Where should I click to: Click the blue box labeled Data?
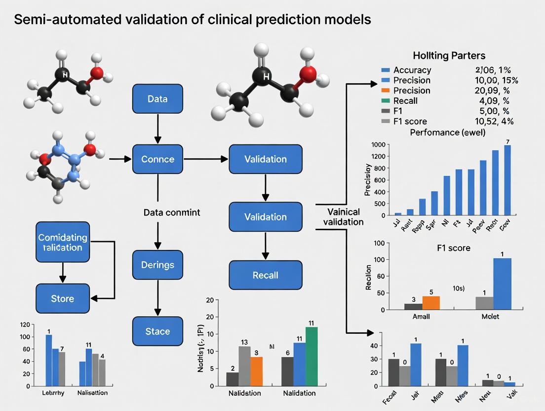(x=157, y=98)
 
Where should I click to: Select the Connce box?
(x=157, y=159)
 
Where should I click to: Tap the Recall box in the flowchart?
(x=266, y=275)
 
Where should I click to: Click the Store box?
(x=63, y=298)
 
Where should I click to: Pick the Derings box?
(x=157, y=265)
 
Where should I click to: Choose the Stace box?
(x=157, y=331)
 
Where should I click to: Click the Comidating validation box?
(x=63, y=242)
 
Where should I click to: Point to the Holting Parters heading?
(x=448, y=56)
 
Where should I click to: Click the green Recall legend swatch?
(x=386, y=101)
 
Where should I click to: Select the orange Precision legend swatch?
(x=386, y=90)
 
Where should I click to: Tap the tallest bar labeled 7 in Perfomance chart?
(x=507, y=180)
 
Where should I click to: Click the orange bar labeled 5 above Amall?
(x=431, y=302)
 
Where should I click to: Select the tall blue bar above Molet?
(x=502, y=284)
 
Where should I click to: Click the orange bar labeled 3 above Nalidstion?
(x=257, y=370)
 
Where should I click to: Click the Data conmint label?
(x=171, y=212)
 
